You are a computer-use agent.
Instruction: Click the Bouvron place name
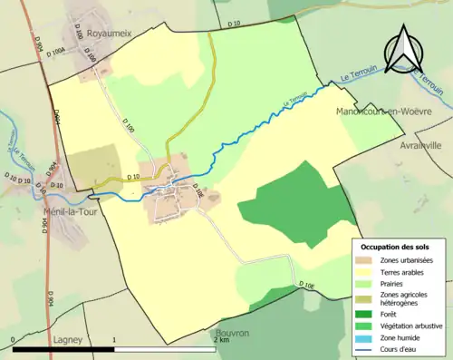[x=233, y=334]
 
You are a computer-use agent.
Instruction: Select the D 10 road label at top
[x=234, y=23]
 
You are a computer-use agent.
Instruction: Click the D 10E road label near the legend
[x=309, y=287]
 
